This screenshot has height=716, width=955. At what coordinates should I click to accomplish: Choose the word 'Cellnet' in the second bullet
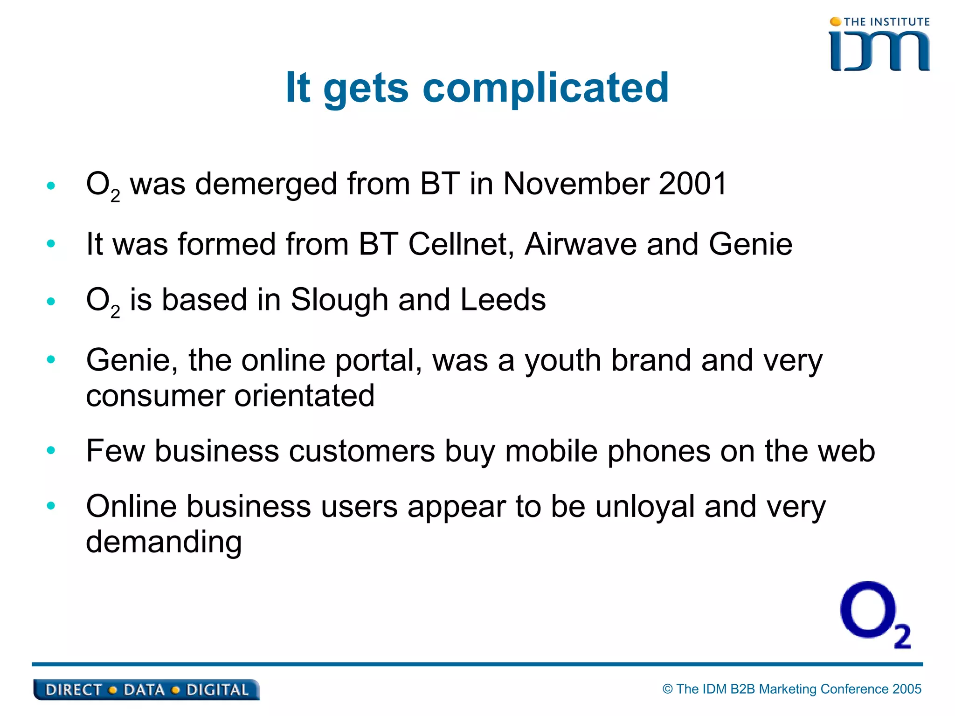click(461, 244)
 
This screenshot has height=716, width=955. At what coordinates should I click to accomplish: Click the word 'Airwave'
click(580, 244)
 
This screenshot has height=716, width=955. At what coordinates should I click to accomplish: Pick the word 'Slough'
click(339, 300)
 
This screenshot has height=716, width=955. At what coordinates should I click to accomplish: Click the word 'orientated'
click(304, 396)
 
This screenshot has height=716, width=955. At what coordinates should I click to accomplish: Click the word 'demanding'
click(164, 542)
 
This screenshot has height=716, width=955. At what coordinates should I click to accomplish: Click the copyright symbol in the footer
click(668, 689)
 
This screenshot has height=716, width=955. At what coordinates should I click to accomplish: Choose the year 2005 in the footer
click(907, 689)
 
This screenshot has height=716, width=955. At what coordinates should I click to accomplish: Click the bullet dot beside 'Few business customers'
click(51, 451)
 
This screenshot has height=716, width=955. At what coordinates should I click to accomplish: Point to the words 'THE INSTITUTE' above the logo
click(886, 22)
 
